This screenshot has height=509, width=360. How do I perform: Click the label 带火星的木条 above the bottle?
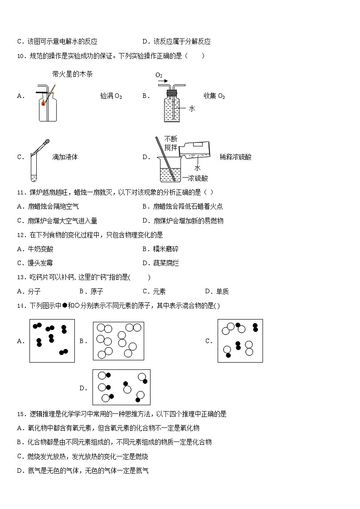coord(73,74)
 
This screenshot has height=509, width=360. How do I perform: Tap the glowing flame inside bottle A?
coord(43,103)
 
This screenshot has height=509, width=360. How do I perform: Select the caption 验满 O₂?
coord(111,96)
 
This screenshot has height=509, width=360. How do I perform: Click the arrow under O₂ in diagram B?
coord(163,82)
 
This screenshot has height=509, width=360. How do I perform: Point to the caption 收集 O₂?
coord(214,96)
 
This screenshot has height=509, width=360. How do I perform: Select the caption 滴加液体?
coord(65,157)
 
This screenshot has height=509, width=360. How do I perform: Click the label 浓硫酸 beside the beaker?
coord(198,178)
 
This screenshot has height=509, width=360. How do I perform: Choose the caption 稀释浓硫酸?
coord(235,157)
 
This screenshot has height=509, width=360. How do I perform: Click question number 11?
coord(21,192)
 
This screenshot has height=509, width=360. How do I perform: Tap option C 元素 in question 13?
coord(154,291)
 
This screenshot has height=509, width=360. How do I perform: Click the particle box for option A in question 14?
coord(52,340)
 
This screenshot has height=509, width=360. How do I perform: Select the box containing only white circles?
coord(118,341)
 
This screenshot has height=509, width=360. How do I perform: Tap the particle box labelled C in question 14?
coord(240,341)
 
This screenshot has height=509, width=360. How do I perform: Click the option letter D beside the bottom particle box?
coord(83,388)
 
